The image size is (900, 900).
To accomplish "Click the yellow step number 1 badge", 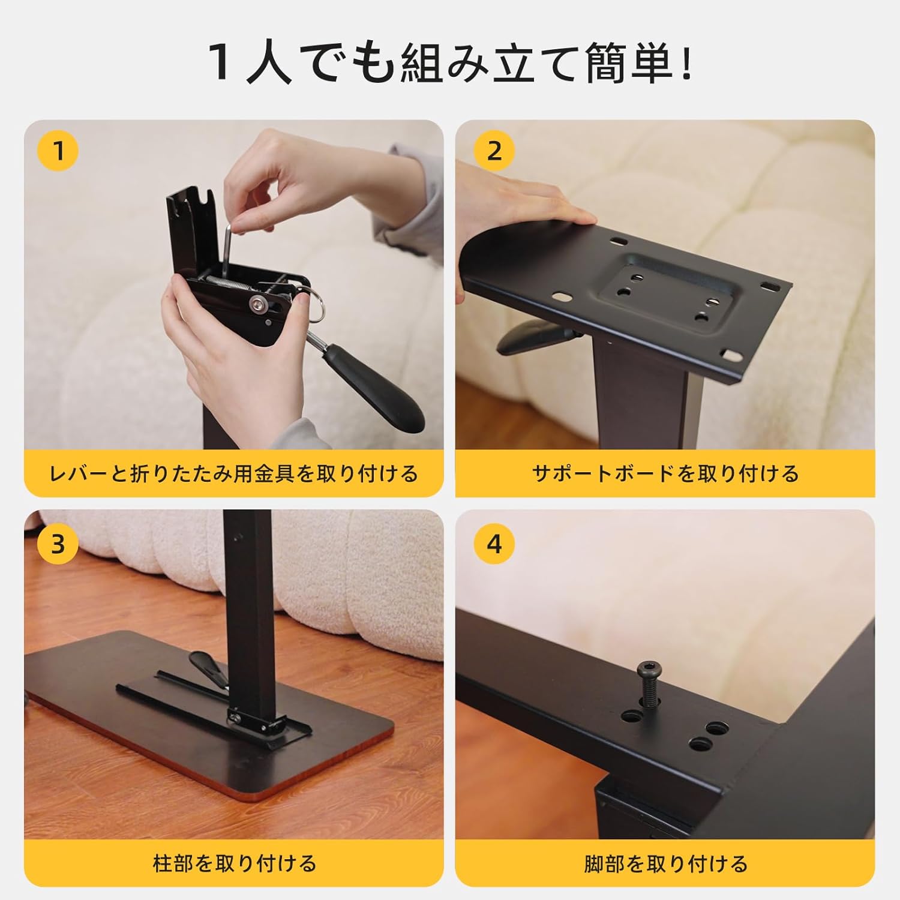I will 58,151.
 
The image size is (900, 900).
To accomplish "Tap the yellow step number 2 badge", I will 494,151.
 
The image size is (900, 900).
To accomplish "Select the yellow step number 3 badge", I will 58,544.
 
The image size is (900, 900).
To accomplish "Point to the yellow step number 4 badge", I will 494,544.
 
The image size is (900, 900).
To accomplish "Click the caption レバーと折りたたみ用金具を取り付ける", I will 233,474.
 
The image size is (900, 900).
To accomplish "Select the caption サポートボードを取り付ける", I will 665,474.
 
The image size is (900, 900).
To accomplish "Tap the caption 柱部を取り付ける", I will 233,864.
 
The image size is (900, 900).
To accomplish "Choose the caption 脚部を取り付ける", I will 665,864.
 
